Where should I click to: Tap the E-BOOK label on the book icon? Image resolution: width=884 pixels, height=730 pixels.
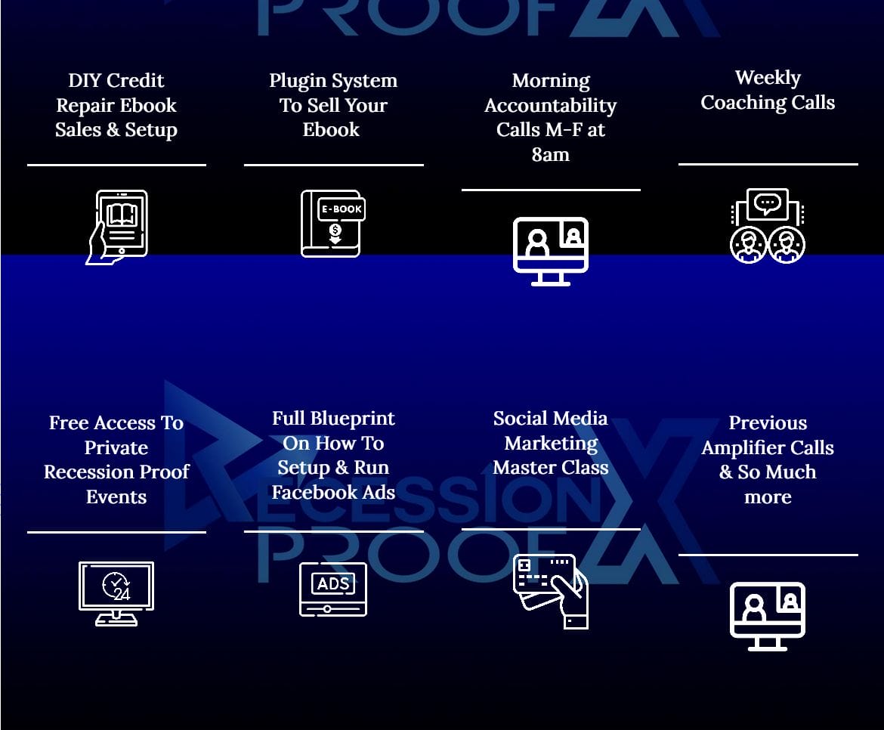[x=342, y=209]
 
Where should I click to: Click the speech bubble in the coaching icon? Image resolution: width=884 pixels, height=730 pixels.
[x=768, y=203]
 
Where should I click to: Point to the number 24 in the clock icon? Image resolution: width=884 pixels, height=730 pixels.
[x=121, y=594]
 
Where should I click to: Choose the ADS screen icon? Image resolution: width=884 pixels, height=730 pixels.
[x=333, y=589]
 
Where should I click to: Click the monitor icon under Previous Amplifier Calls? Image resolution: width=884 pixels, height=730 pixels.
[x=767, y=616]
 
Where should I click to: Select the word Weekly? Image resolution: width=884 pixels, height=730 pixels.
[x=768, y=78]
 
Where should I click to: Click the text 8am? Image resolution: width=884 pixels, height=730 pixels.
[x=550, y=154]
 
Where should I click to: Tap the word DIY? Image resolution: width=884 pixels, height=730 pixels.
[x=82, y=81]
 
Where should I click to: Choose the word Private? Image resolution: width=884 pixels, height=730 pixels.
[x=116, y=447]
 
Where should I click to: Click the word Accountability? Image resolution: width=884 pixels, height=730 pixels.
[x=550, y=106]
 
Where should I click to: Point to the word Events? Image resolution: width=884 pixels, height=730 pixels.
[x=116, y=497]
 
